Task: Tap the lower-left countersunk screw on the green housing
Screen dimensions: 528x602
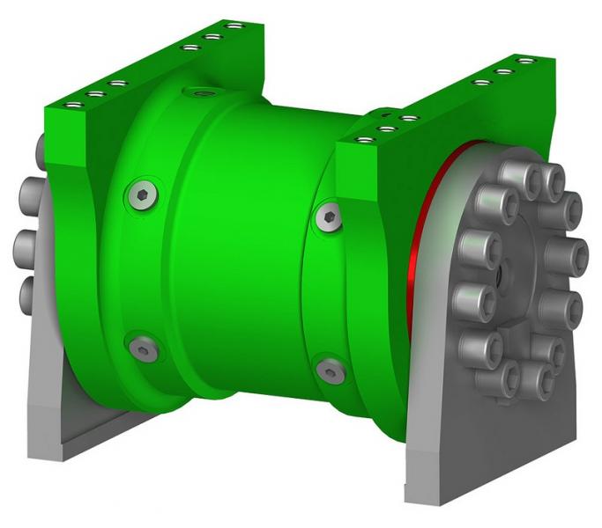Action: [143, 349]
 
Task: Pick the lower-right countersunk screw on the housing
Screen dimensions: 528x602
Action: [329, 370]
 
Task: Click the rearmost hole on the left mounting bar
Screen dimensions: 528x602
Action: [234, 26]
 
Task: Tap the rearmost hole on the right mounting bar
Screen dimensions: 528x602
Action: [526, 62]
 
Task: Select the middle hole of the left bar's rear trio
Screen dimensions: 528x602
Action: [212, 37]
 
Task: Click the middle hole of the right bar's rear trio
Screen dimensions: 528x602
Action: [503, 72]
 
